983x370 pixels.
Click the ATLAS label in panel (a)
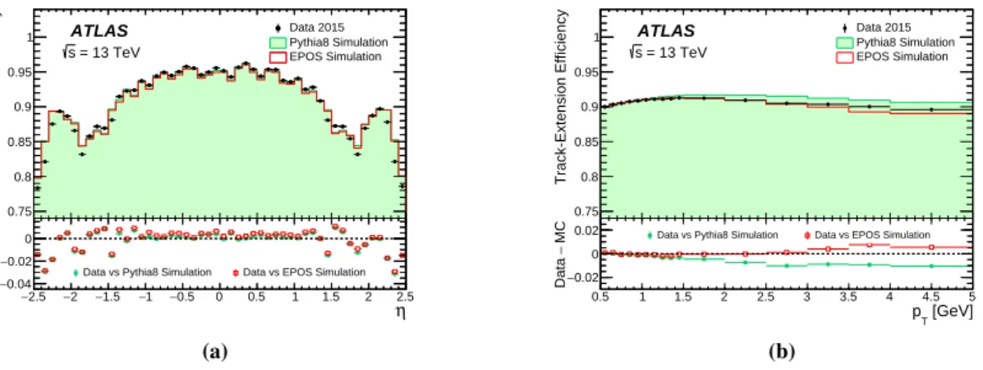coord(99,30)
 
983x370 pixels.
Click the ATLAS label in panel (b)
coord(667,30)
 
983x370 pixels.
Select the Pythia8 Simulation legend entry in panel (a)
coord(330,42)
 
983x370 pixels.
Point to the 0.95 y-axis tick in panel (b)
coord(588,73)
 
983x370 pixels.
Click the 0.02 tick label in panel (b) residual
coord(587,231)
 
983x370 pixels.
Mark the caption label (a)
coord(215,353)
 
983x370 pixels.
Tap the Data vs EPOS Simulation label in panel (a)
coord(298,272)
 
